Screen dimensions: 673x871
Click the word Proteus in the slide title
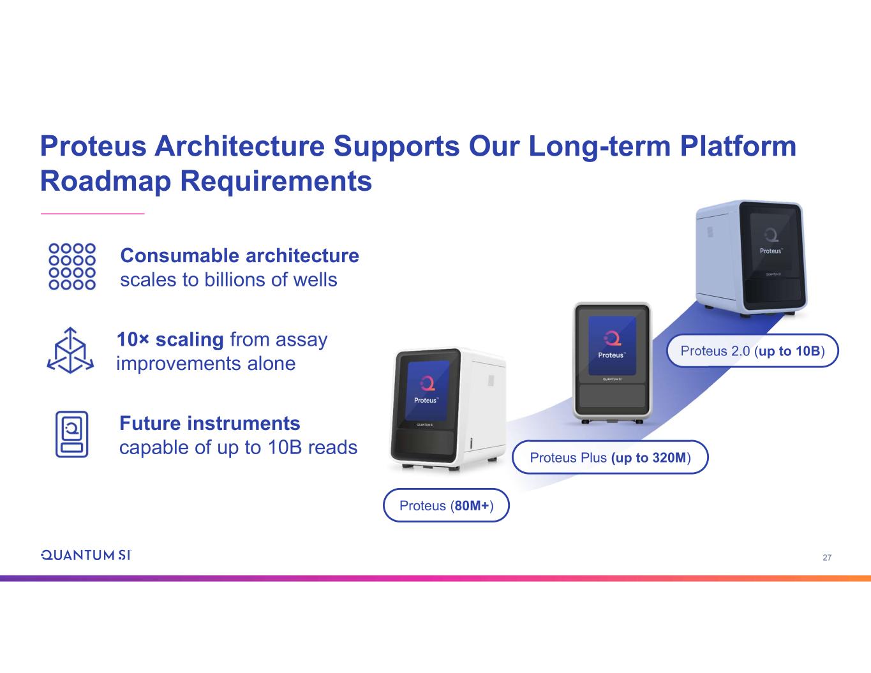94,146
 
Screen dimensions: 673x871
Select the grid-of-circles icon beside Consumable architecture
72,266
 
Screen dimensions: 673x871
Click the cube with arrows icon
71,350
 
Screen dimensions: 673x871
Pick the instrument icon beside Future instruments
72,434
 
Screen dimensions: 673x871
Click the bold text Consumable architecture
239,256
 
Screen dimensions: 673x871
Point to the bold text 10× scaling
170,339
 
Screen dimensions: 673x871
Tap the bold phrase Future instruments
209,423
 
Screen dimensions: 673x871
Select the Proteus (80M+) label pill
446,505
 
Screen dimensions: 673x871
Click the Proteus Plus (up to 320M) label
610,457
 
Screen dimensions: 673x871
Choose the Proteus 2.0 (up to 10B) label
752,351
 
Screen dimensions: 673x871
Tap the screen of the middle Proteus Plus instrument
613,345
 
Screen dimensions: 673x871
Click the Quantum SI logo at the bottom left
86,555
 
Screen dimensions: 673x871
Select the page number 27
827,558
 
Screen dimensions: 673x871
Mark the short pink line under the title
93,213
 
